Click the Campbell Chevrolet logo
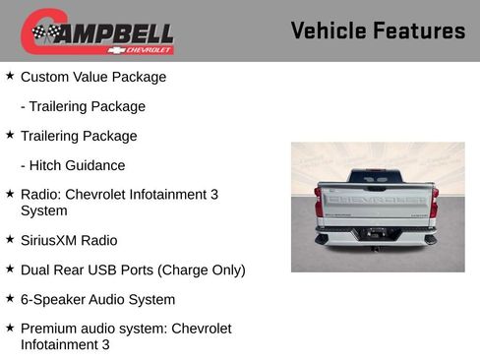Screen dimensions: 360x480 pyautogui.click(x=97, y=32)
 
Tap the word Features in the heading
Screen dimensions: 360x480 pyautogui.click(x=418, y=30)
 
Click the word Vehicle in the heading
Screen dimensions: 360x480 pyautogui.click(x=329, y=30)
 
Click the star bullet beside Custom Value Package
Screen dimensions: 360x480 pyautogui.click(x=10, y=76)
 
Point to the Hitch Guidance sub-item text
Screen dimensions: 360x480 pyautogui.click(x=78, y=165)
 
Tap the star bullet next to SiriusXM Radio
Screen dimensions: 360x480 pyautogui.click(x=10, y=239)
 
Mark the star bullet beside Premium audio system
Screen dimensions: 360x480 pyautogui.click(x=10, y=328)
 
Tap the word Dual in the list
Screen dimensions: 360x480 pyautogui.click(x=35, y=270)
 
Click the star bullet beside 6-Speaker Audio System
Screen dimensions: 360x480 pyautogui.click(x=10, y=298)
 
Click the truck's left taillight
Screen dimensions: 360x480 pyautogui.click(x=319, y=201)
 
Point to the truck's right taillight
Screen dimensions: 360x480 pyautogui.click(x=434, y=201)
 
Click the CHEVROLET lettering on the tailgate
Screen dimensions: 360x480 pyautogui.click(x=377, y=199)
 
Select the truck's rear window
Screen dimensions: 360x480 pyautogui.click(x=377, y=175)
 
